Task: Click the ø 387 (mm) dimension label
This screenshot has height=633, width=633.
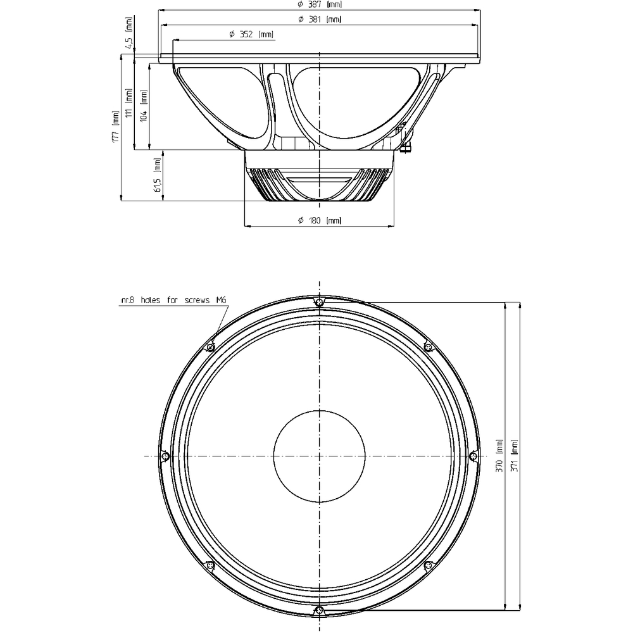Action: click(320, 5)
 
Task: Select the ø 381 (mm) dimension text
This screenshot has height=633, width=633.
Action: click(320, 20)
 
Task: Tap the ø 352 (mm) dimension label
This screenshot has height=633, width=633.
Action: click(251, 34)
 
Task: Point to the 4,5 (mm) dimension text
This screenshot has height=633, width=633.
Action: click(128, 33)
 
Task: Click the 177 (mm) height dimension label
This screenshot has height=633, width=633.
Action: click(116, 127)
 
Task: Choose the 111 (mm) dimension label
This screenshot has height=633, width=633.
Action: click(129, 103)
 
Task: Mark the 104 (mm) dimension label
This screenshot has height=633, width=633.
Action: click(144, 105)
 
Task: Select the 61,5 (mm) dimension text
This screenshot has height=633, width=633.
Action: click(158, 175)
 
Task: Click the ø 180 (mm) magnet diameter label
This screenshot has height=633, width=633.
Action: click(320, 220)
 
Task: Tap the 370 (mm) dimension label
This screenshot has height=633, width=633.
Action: click(500, 456)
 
